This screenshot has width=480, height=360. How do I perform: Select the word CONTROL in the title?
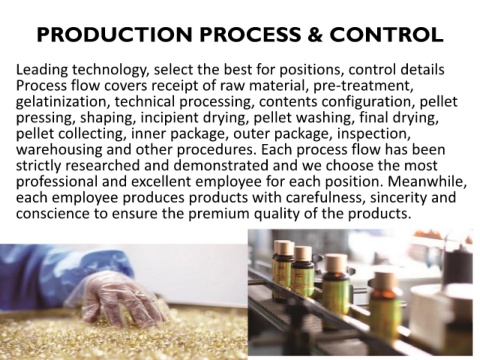click(386, 34)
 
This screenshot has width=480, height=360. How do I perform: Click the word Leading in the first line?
click(42, 70)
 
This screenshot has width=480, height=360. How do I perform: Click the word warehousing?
click(59, 149)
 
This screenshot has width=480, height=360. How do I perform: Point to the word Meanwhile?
click(427, 181)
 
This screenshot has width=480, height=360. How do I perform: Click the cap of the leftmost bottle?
click(283, 247)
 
